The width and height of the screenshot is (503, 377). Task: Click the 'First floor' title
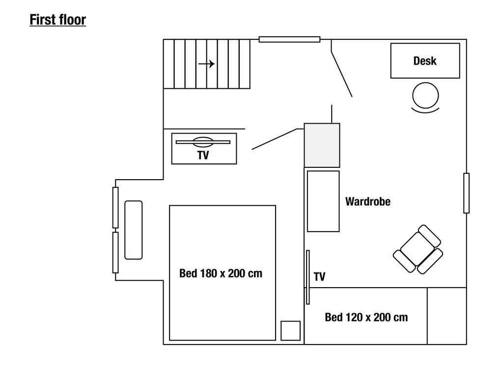pyautogui.click(x=58, y=20)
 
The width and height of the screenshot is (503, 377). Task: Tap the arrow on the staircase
pyautogui.click(x=207, y=64)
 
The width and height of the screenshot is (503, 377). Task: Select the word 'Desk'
pyautogui.click(x=425, y=61)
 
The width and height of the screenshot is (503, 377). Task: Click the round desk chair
pyautogui.click(x=425, y=96)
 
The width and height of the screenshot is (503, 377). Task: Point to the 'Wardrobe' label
pyautogui.click(x=368, y=201)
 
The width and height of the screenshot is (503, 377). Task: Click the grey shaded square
pyautogui.click(x=322, y=145)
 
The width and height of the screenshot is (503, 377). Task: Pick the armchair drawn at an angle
pyautogui.click(x=418, y=249)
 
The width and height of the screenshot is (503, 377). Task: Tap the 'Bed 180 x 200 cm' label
pyautogui.click(x=221, y=273)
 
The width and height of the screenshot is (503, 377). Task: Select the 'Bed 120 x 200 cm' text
pyautogui.click(x=366, y=318)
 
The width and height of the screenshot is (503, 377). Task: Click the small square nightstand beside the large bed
pyautogui.click(x=291, y=330)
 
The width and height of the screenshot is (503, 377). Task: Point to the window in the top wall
pyautogui.click(x=289, y=39)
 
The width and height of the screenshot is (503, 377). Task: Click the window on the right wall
pyautogui.click(x=467, y=193)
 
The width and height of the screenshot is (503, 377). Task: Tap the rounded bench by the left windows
pyautogui.click(x=134, y=230)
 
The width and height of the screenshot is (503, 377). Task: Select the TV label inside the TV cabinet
pyautogui.click(x=203, y=156)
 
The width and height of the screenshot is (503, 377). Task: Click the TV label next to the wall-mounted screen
pyautogui.click(x=319, y=277)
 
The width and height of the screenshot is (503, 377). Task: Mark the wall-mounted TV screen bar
pyautogui.click(x=308, y=277)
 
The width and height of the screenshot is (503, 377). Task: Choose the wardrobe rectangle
pyautogui.click(x=323, y=201)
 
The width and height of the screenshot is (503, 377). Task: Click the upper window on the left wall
pyautogui.click(x=115, y=208)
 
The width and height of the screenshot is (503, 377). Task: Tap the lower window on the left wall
pyautogui.click(x=115, y=253)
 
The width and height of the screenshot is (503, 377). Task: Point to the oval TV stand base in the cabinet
pyautogui.click(x=203, y=142)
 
